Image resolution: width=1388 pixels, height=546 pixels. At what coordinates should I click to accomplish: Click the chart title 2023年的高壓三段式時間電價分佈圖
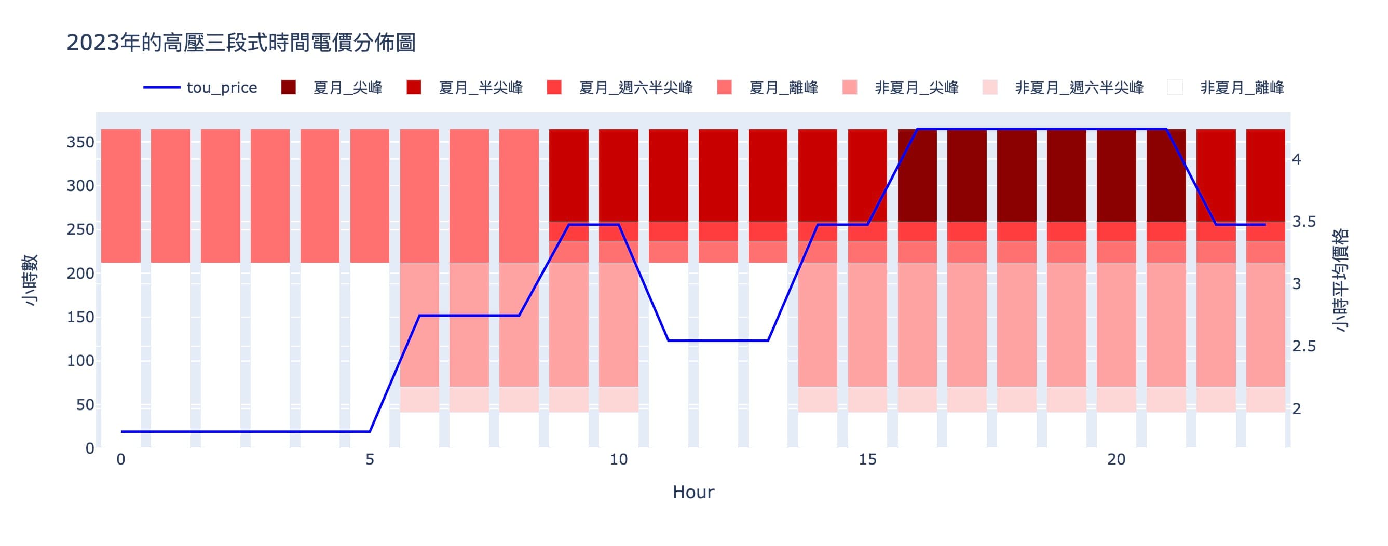[x=241, y=43]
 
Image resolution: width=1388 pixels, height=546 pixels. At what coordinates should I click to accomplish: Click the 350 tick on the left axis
[x=80, y=142]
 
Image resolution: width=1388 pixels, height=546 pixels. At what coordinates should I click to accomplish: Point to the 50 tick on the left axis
[x=85, y=405]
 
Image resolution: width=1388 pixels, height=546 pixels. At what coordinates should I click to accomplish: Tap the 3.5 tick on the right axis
[x=1304, y=222]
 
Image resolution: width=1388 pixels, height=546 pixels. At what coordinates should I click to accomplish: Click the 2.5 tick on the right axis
[x=1304, y=346]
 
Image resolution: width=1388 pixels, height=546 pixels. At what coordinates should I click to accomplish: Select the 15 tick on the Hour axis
[x=867, y=460]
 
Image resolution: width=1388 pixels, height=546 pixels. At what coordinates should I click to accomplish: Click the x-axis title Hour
[x=693, y=492]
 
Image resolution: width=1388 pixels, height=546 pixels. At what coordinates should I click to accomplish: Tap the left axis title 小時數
[x=31, y=280]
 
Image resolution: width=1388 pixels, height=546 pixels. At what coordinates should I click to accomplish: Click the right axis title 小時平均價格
[x=1340, y=280]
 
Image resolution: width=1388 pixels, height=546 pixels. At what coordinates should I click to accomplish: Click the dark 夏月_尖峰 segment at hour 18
[x=1017, y=175]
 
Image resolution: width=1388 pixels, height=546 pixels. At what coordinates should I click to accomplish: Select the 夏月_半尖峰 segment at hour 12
[x=718, y=175]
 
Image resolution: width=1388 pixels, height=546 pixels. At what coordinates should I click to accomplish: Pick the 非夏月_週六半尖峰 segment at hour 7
[x=469, y=400]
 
